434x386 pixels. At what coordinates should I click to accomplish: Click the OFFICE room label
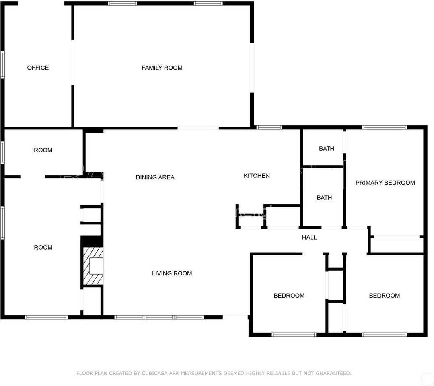pos(38,68)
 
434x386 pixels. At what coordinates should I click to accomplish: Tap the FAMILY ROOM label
pos(162,68)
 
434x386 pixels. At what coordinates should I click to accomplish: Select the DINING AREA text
pos(155,177)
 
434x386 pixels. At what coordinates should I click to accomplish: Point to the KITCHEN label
pos(257,176)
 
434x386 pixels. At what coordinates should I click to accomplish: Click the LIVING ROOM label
pos(172,273)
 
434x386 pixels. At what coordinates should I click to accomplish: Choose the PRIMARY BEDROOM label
pos(385,183)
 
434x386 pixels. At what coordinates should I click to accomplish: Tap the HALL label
pos(309,237)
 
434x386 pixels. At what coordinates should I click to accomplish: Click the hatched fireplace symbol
pos(93,266)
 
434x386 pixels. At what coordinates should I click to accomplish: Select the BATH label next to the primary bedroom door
pos(326,149)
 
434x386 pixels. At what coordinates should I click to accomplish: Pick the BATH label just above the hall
pos(324,198)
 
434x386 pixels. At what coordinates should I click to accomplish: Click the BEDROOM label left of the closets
pos(289,296)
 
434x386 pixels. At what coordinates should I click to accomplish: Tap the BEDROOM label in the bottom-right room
pos(384,296)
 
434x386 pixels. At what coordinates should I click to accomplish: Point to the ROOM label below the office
pos(43,150)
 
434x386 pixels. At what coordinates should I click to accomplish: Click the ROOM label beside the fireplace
pos(43,248)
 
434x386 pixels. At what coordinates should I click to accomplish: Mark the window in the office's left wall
pos(2,65)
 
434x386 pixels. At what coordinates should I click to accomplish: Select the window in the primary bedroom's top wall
pos(385,127)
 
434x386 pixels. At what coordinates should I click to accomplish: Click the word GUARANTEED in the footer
pos(333,373)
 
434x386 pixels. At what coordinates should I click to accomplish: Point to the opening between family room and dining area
pos(198,128)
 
